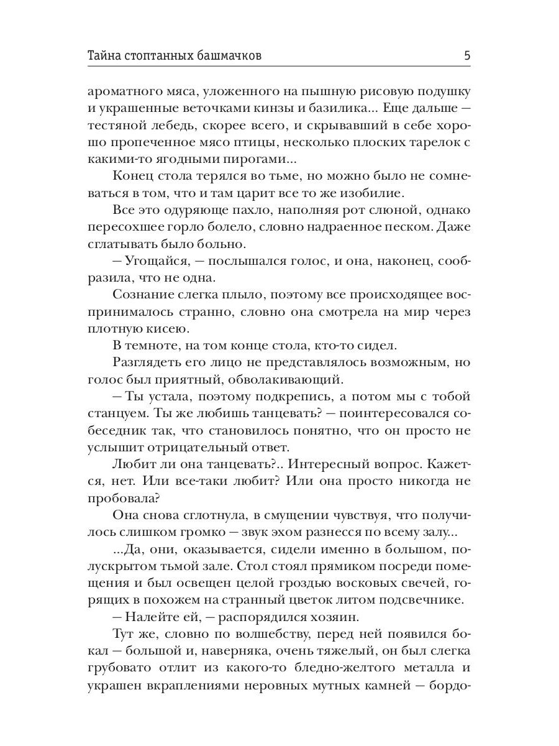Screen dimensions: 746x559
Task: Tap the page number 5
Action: (466, 56)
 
